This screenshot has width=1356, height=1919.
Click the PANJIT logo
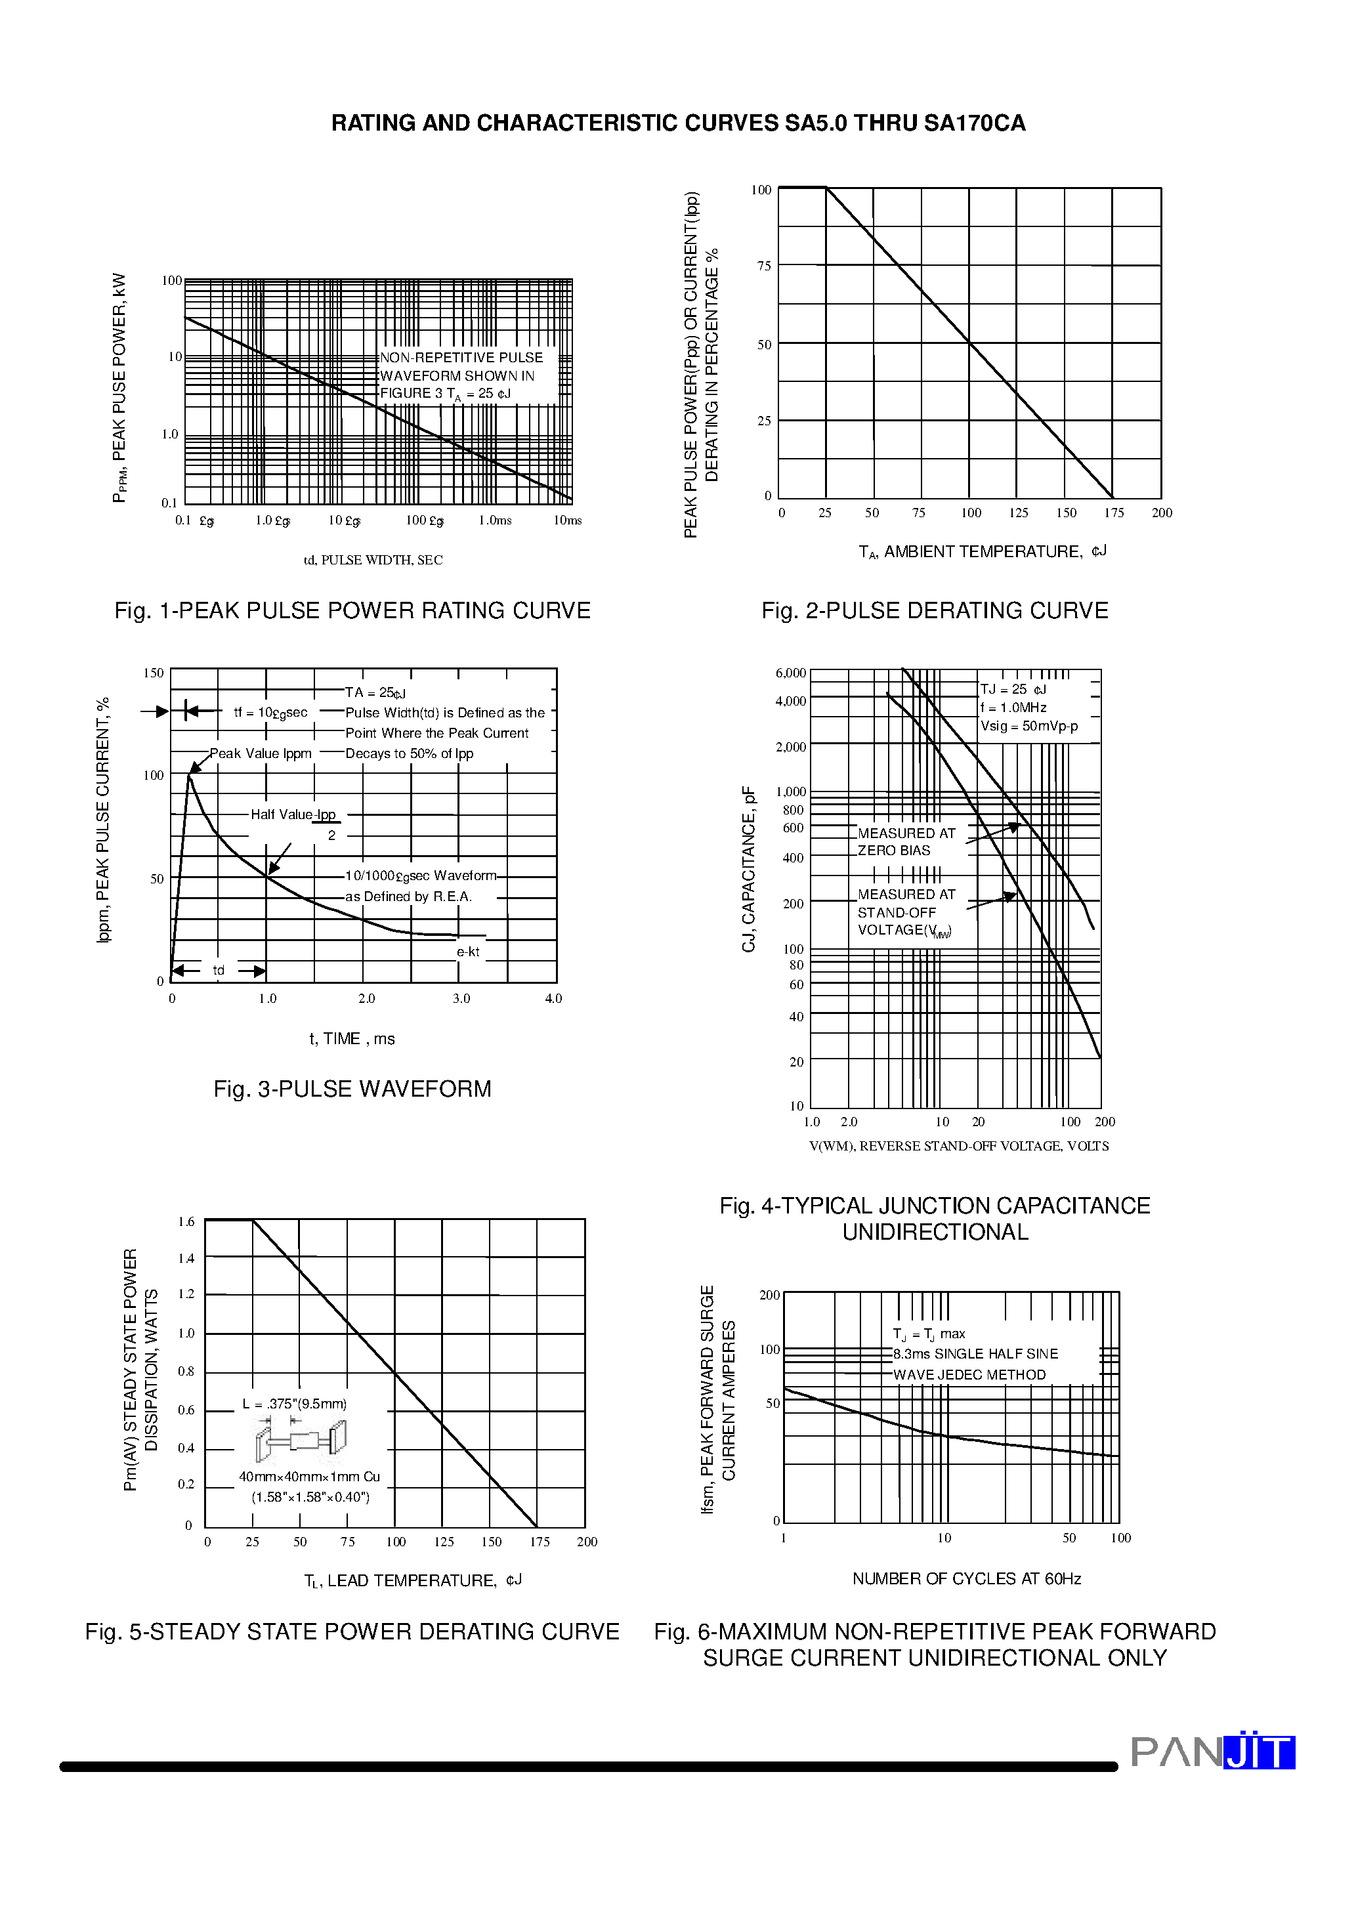[1212, 1752]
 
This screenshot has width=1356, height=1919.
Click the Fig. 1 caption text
[352, 611]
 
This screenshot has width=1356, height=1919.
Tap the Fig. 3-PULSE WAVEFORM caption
[352, 1089]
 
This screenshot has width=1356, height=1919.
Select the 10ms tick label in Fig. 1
[568, 520]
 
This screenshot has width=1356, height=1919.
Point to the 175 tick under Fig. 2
[1114, 513]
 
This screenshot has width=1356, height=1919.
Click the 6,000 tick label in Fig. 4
[790, 673]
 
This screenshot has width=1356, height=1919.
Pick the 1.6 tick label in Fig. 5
[186, 1222]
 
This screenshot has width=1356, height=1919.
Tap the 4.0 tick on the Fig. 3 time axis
[553, 999]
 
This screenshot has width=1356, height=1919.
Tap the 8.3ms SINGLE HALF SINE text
[975, 1354]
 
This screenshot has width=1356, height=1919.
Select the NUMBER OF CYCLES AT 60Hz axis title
[966, 1579]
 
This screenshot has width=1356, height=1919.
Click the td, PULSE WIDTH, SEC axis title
[373, 560]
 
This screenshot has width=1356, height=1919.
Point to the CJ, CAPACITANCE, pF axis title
[749, 869]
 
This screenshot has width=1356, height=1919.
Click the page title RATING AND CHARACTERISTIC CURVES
[678, 123]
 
